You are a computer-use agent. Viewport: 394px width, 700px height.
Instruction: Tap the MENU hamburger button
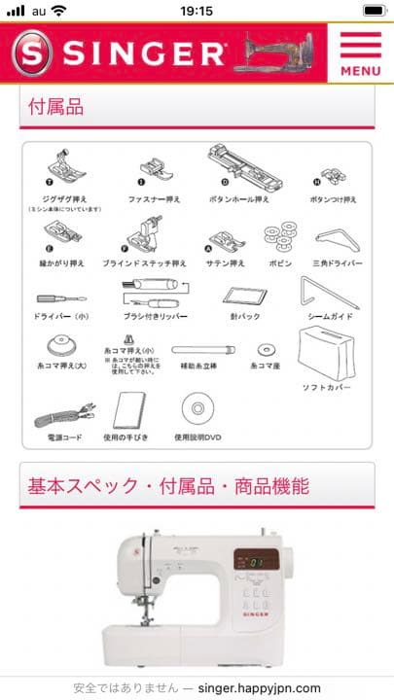[x=360, y=53]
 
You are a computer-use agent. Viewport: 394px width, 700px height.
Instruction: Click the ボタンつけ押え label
[x=334, y=199]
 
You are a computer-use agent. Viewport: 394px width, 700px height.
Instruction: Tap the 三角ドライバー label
[x=339, y=263]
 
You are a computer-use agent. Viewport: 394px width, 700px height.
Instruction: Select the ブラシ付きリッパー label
[x=155, y=316]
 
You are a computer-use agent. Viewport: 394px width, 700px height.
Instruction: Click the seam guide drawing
[x=329, y=293]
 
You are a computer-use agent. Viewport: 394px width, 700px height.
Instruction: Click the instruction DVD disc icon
[x=197, y=406]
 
